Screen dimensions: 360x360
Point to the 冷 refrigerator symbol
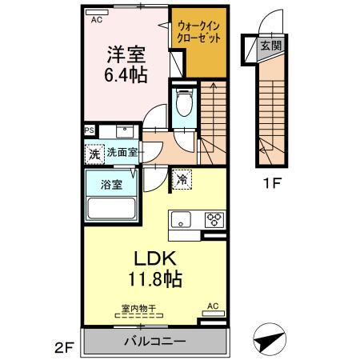click(x=183, y=179)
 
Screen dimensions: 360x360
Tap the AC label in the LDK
click(x=212, y=306)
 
